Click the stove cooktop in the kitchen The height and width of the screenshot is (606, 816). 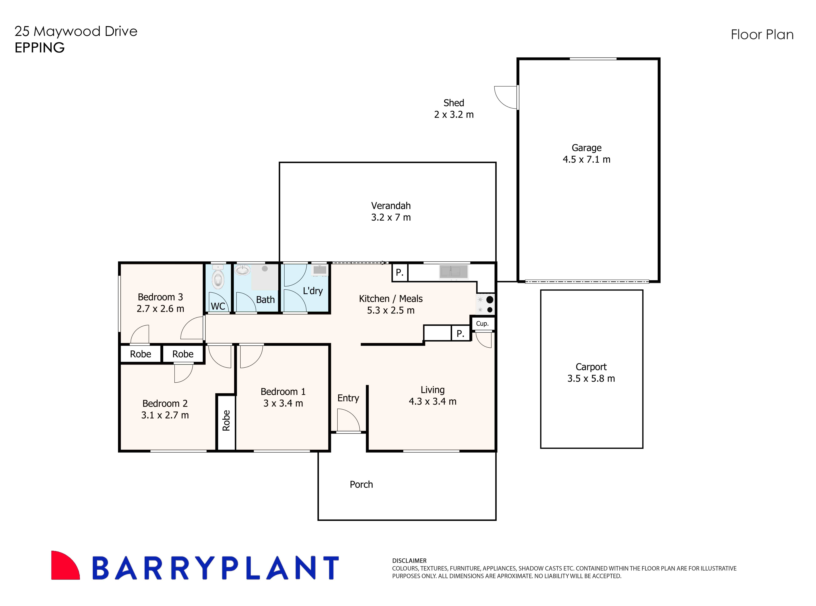click(485, 304)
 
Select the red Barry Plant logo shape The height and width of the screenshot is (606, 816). click(64, 566)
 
